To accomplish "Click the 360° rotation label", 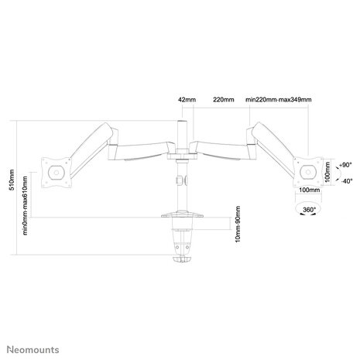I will [x=308, y=210].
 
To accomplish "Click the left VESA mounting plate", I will [x=56, y=172].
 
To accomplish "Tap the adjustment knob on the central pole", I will [x=180, y=181].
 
